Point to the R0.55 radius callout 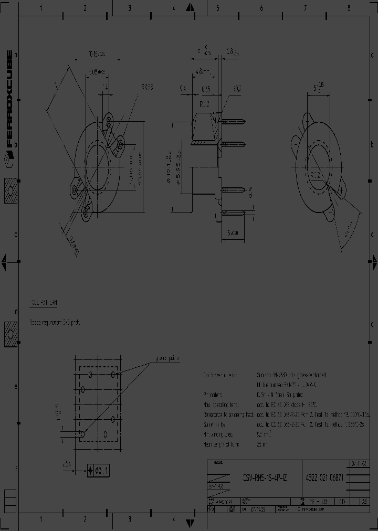click(x=146, y=87)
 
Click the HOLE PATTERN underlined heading click(x=44, y=304)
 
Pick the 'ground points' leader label click(x=166, y=358)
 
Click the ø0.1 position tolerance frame click(x=99, y=471)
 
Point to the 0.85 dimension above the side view click(x=206, y=89)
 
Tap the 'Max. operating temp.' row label click(x=220, y=405)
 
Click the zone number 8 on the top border click(x=348, y=8)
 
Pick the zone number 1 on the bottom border click(x=41, y=519)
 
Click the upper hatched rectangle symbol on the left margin click(x=10, y=191)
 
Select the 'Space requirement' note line click(x=55, y=322)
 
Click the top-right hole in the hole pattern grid click(x=112, y=374)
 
